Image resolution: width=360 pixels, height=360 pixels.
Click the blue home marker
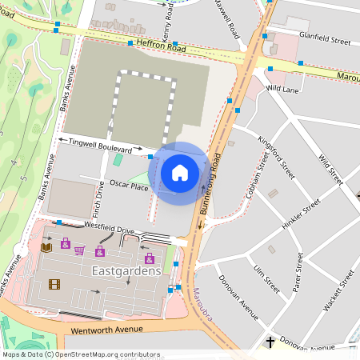180,172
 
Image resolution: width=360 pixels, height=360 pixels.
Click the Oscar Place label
129,186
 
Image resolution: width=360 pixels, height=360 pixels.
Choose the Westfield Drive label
103,230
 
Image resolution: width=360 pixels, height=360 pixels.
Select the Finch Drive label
98,199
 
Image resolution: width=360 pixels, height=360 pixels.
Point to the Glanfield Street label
324,37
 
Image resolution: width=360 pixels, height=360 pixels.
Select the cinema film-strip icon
54,284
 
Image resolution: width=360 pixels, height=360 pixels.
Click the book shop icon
46,247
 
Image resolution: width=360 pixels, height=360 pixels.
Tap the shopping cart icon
79,250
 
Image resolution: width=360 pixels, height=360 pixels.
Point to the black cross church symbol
270,343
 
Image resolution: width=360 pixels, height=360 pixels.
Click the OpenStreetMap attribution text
81,354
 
